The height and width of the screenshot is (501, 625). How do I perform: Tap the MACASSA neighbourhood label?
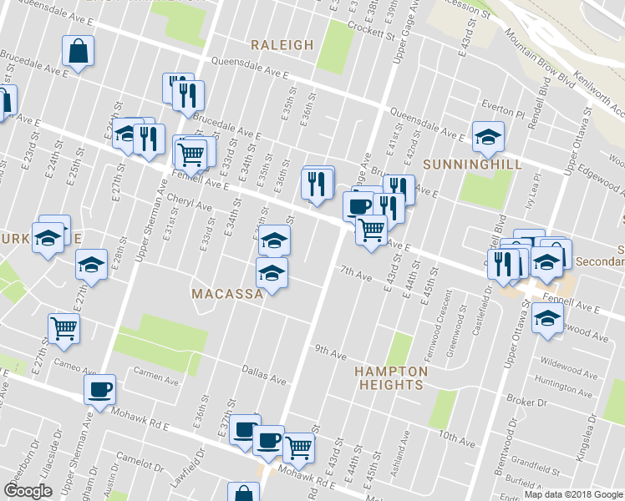click(227, 294)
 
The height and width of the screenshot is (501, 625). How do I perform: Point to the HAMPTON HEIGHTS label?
click(391, 377)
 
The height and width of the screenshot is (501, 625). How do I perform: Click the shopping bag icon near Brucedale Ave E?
click(78, 51)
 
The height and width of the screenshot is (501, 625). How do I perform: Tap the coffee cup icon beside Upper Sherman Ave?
click(100, 388)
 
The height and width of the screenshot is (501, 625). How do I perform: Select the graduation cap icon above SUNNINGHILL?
click(488, 136)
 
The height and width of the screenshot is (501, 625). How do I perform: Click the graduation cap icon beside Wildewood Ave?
click(547, 318)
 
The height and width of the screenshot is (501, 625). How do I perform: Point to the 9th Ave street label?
click(330, 353)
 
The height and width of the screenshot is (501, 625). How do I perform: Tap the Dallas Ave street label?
click(264, 374)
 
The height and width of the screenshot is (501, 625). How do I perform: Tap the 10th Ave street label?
click(455, 436)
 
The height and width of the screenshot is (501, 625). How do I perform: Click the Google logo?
click(28, 491)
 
